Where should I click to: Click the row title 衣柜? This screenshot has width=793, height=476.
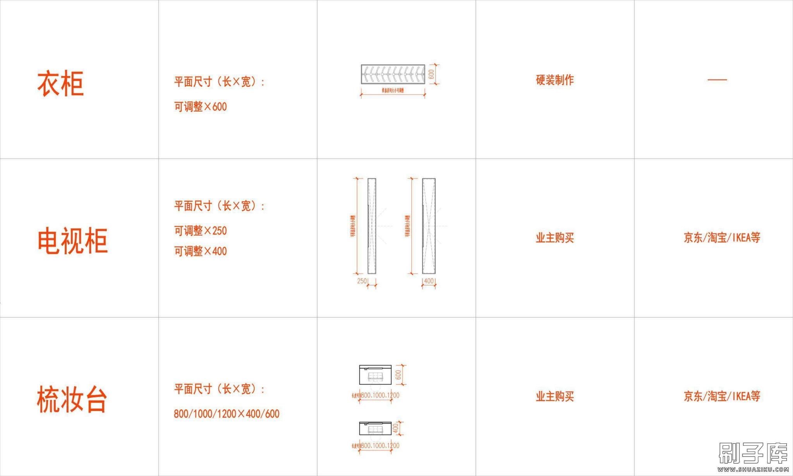pyautogui.click(x=60, y=83)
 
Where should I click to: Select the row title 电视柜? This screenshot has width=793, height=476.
pyautogui.click(x=72, y=241)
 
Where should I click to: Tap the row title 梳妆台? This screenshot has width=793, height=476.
pyautogui.click(x=72, y=399)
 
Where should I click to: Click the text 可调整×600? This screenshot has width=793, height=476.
pyautogui.click(x=200, y=107)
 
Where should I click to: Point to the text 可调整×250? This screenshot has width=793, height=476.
pyautogui.click(x=200, y=231)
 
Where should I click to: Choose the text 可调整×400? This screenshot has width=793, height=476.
pyautogui.click(x=200, y=251)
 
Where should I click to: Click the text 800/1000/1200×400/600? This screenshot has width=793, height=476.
pyautogui.click(x=227, y=414)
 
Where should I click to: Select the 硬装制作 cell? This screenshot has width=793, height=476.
pyautogui.click(x=554, y=80)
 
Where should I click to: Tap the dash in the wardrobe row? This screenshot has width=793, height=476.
pyautogui.click(x=717, y=80)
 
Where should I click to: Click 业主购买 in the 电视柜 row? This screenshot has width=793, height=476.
pyautogui.click(x=554, y=238)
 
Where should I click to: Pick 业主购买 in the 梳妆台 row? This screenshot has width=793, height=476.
pyautogui.click(x=554, y=396)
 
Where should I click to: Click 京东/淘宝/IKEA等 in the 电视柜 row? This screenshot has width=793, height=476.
pyautogui.click(x=722, y=237)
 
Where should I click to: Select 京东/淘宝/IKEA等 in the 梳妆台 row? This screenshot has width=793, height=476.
pyautogui.click(x=722, y=396)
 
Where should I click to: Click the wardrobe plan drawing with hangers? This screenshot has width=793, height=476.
pyautogui.click(x=393, y=74)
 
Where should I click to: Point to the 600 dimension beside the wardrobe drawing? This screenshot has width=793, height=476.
pyautogui.click(x=432, y=74)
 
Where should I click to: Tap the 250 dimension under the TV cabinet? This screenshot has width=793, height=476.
pyautogui.click(x=362, y=281)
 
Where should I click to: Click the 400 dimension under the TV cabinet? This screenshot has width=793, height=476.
pyautogui.click(x=429, y=281)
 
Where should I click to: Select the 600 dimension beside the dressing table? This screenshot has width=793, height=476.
pyautogui.click(x=398, y=375)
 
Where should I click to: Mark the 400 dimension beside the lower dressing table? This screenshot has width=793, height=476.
pyautogui.click(x=395, y=428)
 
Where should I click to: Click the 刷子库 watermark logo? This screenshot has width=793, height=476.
pyautogui.click(x=753, y=454)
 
